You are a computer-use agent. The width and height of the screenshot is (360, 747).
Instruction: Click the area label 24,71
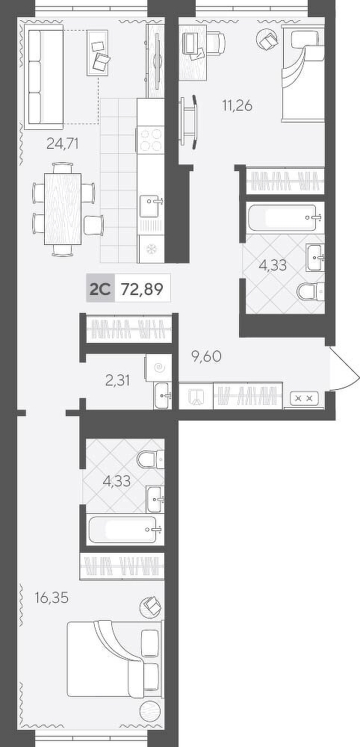point(62,143)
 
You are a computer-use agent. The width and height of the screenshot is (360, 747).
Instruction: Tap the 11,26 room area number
point(237,105)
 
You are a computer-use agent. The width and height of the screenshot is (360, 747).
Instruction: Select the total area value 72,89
point(141,289)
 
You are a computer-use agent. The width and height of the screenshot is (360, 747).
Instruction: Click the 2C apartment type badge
point(100,289)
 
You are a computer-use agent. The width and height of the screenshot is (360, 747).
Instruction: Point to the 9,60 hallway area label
point(206,356)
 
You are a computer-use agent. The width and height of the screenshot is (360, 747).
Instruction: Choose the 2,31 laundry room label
point(117,380)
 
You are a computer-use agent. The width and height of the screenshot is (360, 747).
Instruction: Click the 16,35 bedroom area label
point(52,598)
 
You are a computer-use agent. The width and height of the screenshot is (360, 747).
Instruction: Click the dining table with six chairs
point(63,209)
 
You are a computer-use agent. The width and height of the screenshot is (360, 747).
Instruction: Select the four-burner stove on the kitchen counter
point(151,139)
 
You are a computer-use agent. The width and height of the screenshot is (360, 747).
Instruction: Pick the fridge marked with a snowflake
point(151,249)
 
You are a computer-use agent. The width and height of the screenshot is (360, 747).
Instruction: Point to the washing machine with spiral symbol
point(158,368)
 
